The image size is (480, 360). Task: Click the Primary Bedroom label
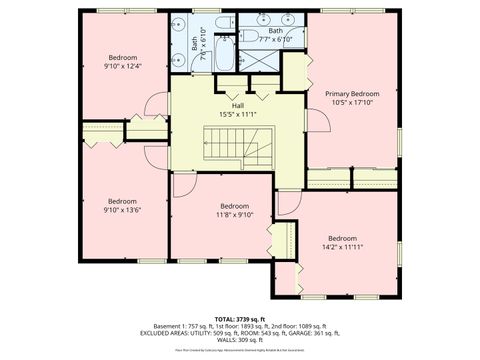[x=352, y=93]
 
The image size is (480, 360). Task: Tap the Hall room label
[x=238, y=105]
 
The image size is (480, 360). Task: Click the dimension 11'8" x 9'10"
[x=234, y=214]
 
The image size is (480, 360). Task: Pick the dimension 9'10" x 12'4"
[x=122, y=66]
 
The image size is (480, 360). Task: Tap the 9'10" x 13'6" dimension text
[x=122, y=209]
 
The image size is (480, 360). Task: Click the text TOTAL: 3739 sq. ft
[x=239, y=317]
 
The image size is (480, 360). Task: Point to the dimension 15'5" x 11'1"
[x=238, y=113]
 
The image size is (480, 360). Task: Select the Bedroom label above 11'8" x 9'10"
[x=234, y=206]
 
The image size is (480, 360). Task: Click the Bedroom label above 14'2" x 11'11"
[x=342, y=238]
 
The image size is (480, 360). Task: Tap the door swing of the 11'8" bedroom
[x=183, y=185]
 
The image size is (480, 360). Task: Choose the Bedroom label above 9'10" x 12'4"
[x=122, y=58]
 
